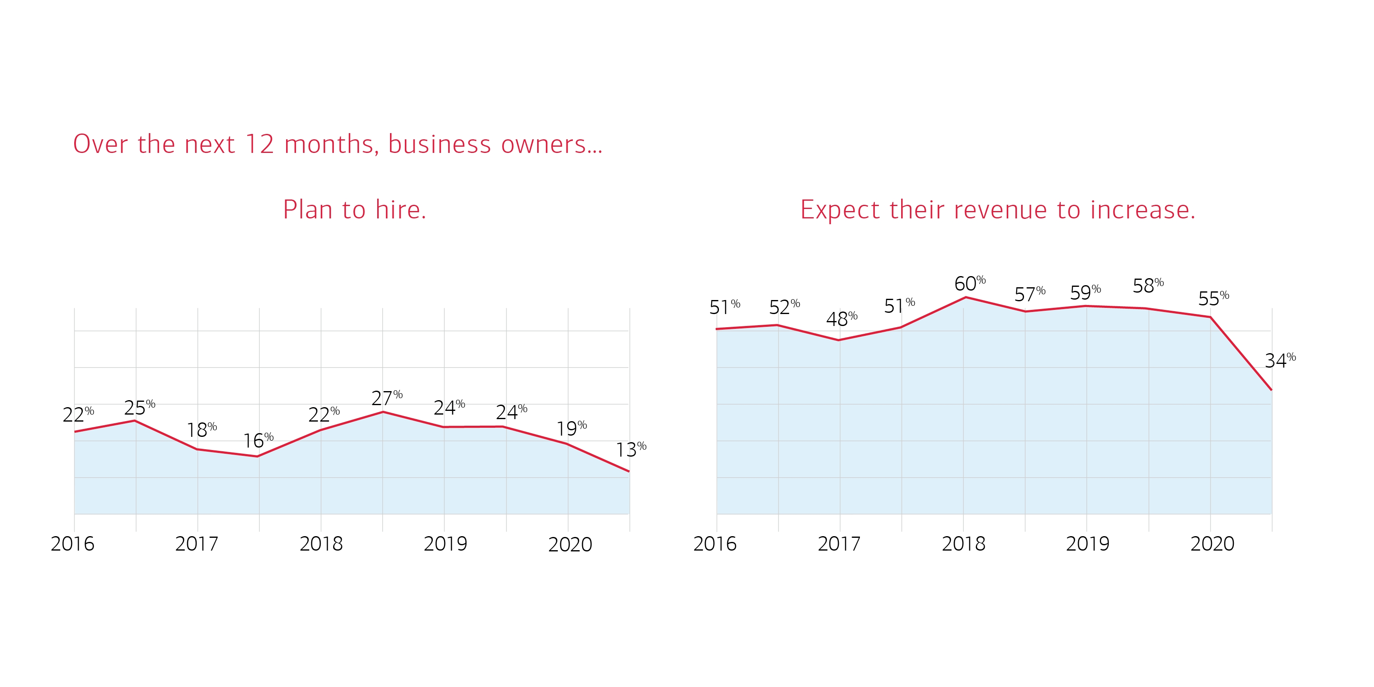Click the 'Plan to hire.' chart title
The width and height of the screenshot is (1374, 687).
click(355, 210)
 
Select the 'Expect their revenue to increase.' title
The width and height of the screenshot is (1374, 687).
click(998, 210)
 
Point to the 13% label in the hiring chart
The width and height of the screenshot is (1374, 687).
click(631, 450)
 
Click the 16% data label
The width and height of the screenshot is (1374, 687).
click(258, 441)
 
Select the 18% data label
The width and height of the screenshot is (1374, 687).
click(202, 429)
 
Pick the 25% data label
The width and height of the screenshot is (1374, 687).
click(139, 408)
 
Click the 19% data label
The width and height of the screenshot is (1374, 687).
click(571, 428)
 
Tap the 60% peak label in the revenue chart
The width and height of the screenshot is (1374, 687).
click(970, 283)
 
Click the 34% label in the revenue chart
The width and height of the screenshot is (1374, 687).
click(1280, 361)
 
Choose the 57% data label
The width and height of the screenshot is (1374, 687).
click(1029, 294)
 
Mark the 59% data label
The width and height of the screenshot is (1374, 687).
click(1085, 292)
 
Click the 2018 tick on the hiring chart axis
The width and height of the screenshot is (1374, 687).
click(321, 544)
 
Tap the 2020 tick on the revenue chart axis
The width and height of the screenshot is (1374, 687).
click(1212, 544)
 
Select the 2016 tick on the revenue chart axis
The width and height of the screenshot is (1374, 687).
click(715, 544)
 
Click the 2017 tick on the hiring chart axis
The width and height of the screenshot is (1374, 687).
click(197, 544)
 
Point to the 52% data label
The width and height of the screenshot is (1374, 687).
click(784, 307)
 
